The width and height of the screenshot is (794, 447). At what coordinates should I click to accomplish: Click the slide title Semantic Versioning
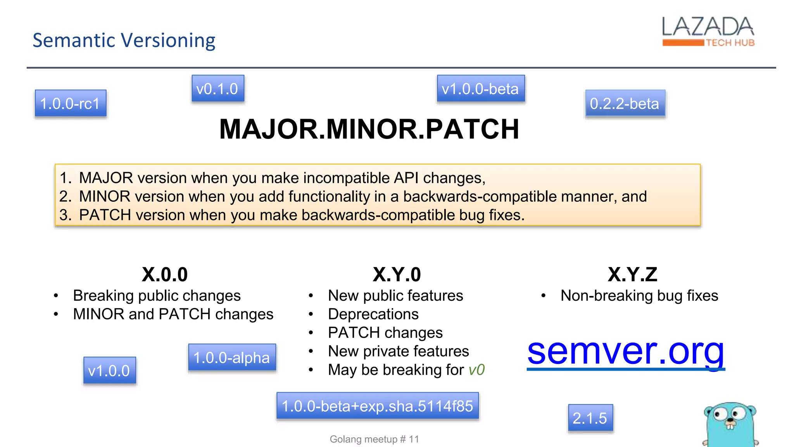124,40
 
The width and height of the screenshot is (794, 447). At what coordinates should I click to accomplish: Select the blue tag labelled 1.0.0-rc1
70,104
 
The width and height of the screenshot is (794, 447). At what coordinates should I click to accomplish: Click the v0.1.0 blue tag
217,89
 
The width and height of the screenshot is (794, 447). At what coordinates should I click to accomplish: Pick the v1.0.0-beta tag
480,89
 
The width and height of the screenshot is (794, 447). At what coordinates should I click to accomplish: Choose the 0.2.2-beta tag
625,104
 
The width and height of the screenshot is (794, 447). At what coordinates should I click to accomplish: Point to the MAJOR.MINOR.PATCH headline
369,129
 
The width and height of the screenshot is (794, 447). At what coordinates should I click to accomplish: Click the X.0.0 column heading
165,275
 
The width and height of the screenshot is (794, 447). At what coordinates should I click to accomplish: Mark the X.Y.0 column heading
397,275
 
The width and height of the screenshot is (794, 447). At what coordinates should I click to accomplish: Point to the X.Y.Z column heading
632,275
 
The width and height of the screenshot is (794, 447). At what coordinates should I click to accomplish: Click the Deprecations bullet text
373,314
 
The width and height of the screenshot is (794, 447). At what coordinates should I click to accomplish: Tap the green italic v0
476,370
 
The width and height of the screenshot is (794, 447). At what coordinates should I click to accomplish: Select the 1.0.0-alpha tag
232,357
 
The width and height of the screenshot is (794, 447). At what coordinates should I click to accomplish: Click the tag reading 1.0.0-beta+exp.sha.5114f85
377,406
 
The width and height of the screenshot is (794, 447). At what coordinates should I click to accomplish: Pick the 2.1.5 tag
590,418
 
